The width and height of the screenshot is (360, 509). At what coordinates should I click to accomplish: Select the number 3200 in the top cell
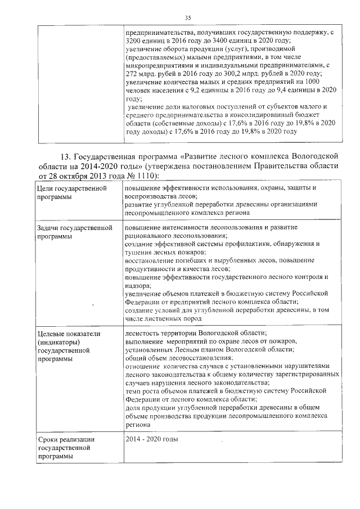134,41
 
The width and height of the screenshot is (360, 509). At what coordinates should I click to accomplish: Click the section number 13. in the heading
67,155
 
